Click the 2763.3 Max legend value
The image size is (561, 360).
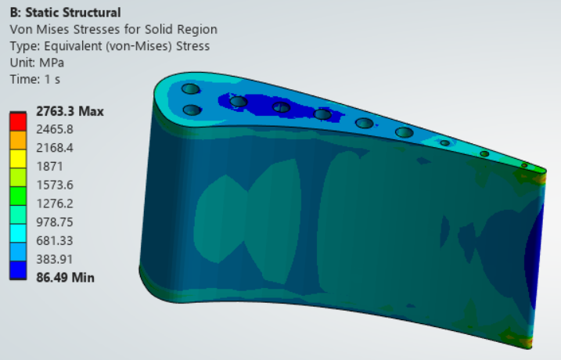pos(70,111)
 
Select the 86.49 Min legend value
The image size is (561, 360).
pos(66,277)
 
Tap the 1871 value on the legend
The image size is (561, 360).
pos(50,167)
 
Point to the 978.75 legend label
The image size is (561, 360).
pos(55,221)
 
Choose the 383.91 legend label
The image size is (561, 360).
pos(55,259)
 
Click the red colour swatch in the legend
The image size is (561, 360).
pos(18,121)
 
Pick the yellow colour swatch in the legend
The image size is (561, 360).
pos(18,159)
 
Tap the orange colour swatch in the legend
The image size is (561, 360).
pos(18,140)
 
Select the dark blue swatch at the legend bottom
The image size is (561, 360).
pos(18,270)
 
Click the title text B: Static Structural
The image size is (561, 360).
pos(66,13)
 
